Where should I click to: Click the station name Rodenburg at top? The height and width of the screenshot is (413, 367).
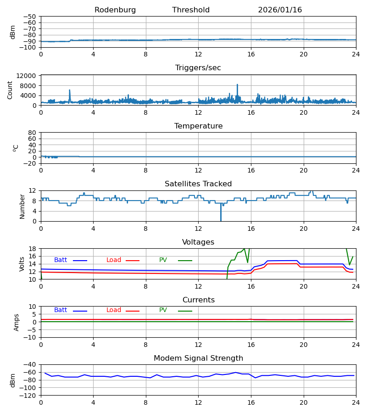click(x=115, y=10)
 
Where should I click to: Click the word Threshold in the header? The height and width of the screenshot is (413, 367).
click(x=191, y=10)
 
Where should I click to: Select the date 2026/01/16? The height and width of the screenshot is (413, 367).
click(x=280, y=10)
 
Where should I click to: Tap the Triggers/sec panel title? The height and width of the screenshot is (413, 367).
click(x=198, y=68)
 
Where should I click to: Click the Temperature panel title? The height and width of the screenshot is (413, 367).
click(x=198, y=126)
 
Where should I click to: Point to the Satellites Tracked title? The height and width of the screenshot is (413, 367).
click(x=198, y=184)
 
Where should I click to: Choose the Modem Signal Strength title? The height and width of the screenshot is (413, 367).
click(x=198, y=358)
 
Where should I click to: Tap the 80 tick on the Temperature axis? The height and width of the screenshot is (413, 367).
click(x=33, y=133)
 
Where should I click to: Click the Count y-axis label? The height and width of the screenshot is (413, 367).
click(x=10, y=90)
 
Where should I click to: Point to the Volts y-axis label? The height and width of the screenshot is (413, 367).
click(x=22, y=264)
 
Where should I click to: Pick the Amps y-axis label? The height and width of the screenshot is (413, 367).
click(x=17, y=322)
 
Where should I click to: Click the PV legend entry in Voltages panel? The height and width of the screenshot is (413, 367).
click(x=163, y=260)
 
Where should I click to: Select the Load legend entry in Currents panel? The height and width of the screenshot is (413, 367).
click(x=114, y=310)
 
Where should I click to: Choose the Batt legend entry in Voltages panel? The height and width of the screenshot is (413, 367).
click(x=61, y=260)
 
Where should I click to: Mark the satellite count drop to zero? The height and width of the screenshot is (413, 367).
click(x=221, y=220)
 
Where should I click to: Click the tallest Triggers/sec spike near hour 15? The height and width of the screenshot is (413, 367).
click(x=237, y=85)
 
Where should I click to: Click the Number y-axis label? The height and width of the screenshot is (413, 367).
click(x=22, y=206)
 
